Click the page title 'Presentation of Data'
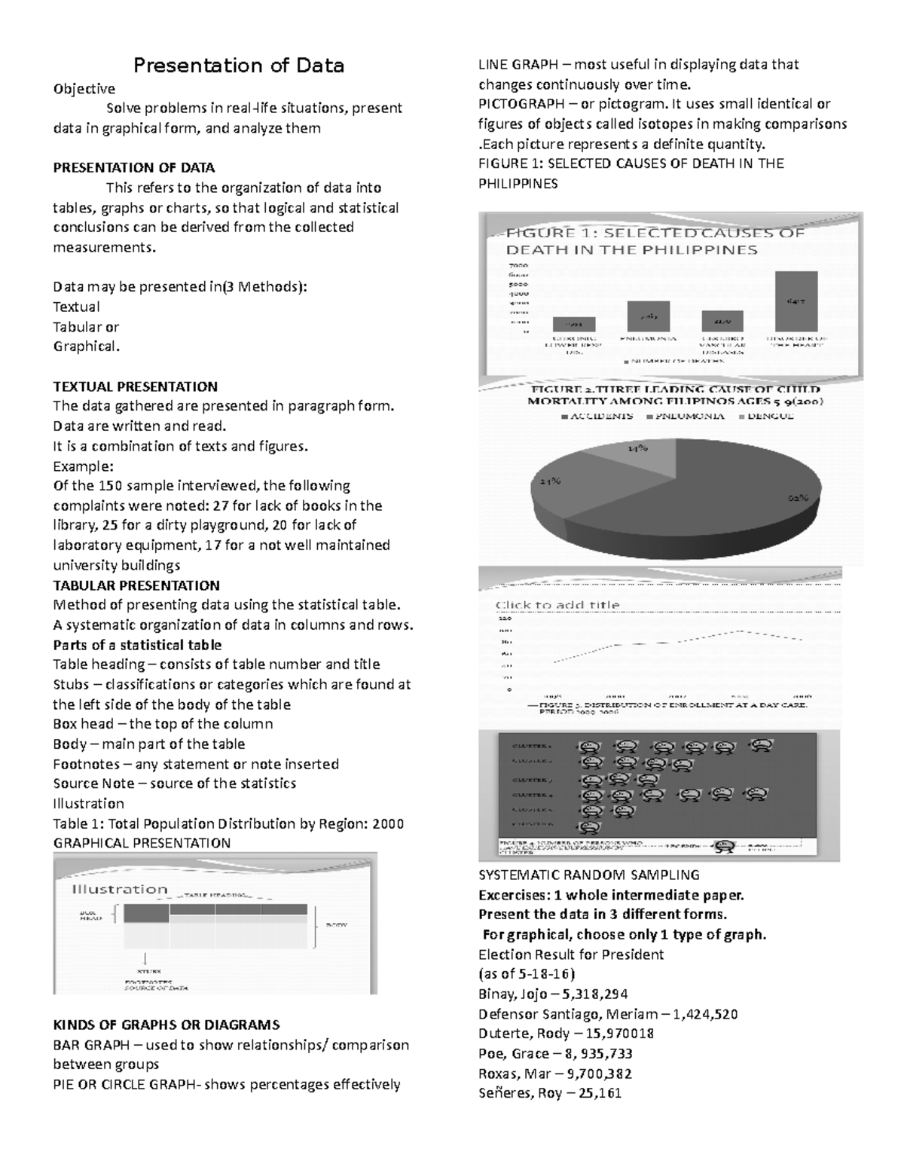click(x=239, y=66)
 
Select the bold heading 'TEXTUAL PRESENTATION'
click(x=135, y=386)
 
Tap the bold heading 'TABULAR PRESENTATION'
click(x=136, y=585)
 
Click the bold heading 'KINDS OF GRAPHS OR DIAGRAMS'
click(x=166, y=1025)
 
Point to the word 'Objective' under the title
click(x=84, y=89)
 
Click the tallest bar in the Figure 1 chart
click(x=796, y=301)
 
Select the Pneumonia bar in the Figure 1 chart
click(x=649, y=316)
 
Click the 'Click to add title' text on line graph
click(x=557, y=604)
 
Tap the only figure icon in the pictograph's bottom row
click(x=592, y=826)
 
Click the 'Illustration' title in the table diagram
click(x=119, y=889)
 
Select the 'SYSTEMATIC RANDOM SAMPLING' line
click(x=589, y=875)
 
